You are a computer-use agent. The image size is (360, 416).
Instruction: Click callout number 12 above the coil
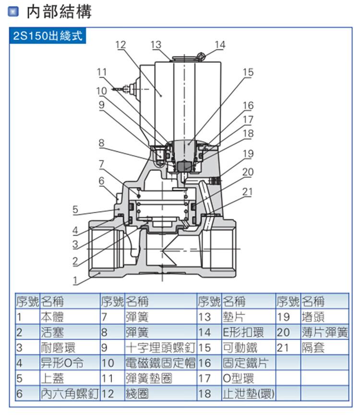click(120, 45)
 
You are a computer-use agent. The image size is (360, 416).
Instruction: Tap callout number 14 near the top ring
click(220, 45)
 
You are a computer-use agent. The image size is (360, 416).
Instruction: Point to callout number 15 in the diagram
click(248, 72)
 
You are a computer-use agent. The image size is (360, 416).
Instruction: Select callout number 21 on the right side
click(247, 191)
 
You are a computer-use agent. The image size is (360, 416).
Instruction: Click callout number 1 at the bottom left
click(75, 280)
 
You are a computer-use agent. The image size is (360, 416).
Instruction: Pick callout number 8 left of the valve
click(101, 143)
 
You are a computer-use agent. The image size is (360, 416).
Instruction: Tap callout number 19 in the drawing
click(248, 154)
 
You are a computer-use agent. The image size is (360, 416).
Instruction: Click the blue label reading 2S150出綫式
click(48, 36)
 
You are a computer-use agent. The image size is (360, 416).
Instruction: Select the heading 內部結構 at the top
click(60, 12)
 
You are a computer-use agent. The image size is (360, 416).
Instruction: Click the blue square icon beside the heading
click(13, 12)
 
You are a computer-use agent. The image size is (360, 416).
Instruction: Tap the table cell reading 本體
click(52, 317)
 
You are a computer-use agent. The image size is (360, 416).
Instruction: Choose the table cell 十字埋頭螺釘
click(160, 347)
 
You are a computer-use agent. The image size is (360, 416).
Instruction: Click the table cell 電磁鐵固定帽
click(160, 363)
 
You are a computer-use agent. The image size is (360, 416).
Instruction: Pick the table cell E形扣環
click(243, 332)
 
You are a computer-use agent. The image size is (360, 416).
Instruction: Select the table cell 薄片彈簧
click(324, 332)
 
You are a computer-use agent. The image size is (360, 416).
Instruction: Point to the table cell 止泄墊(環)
click(249, 394)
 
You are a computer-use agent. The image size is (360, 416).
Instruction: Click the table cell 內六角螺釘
click(70, 394)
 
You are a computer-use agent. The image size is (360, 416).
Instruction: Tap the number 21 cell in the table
click(283, 347)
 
